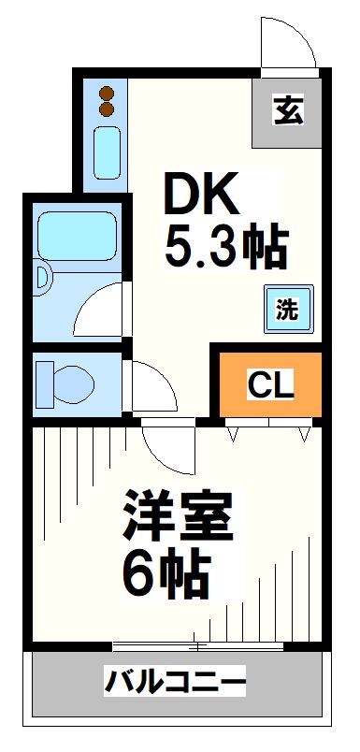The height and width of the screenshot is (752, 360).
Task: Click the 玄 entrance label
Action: tap(288, 111)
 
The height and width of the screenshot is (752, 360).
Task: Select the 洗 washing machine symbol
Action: tap(288, 310)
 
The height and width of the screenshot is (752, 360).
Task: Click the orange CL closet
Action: tap(271, 383)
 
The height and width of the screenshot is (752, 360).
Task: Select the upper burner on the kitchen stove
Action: tap(106, 94)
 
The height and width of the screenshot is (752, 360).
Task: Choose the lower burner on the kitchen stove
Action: tap(106, 109)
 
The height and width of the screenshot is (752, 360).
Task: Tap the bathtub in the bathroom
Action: tap(75, 230)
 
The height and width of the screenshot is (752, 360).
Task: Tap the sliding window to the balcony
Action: tap(196, 645)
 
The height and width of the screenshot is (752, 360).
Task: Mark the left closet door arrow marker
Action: tap(233, 432)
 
